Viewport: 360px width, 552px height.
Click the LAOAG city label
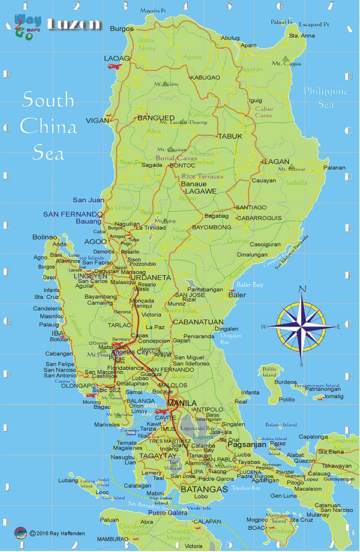click(x=116, y=58)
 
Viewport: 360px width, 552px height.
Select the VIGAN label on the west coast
click(x=98, y=121)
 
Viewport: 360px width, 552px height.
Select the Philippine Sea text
click(x=325, y=98)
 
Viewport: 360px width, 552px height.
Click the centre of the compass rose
click(x=302, y=326)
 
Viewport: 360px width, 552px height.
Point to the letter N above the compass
click(x=302, y=290)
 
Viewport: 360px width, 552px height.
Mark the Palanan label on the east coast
click(x=334, y=168)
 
